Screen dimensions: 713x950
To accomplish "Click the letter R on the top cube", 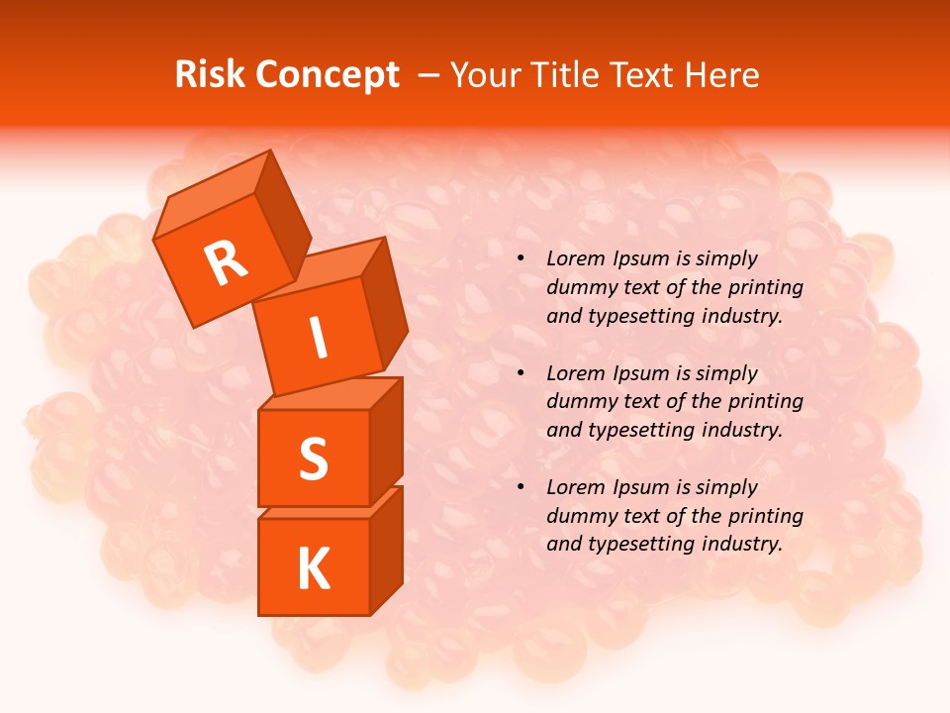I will (x=226, y=262).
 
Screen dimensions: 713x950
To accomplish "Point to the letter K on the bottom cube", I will (x=313, y=568).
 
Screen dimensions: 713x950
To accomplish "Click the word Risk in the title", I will (x=209, y=75).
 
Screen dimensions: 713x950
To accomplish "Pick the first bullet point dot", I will (x=521, y=259).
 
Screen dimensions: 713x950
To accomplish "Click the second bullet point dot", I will (x=521, y=373).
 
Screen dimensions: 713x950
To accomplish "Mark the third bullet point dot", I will (x=521, y=487).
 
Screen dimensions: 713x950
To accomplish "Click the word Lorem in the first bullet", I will (x=576, y=259).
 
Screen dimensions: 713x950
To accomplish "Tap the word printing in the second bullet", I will (x=765, y=402).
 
